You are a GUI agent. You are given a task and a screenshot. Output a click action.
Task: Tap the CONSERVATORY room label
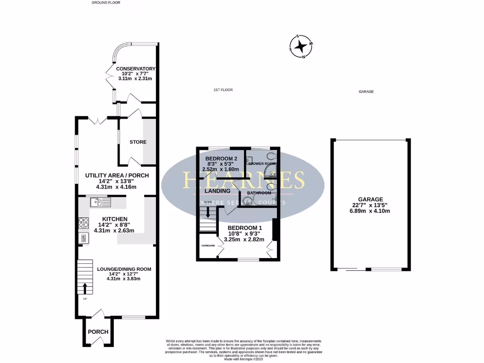pos(136,69)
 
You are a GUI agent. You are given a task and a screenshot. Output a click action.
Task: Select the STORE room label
pos(138,142)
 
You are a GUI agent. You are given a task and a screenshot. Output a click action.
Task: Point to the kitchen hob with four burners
pos(84,222)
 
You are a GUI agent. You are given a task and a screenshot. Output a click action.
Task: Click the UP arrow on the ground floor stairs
pos(85,288)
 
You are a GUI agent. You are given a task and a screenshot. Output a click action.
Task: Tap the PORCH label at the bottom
pos(98,332)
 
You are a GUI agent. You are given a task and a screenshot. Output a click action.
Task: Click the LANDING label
pos(218,191)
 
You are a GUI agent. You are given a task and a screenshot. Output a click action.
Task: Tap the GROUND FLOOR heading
pos(106,2)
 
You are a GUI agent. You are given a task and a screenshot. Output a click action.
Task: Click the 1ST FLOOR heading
pos(223,90)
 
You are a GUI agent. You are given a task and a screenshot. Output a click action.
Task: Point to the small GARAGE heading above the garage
pos(366,92)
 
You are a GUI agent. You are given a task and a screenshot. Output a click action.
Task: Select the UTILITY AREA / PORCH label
pos(117,175)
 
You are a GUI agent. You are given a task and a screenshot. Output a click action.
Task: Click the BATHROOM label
pos(261,193)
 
